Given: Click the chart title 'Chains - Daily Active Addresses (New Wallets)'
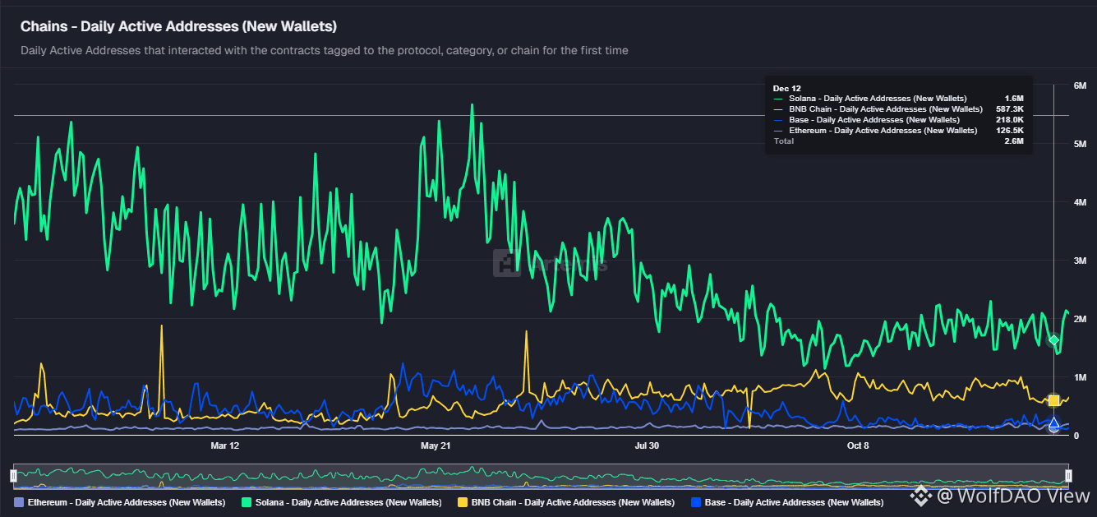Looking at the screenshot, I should [178, 26].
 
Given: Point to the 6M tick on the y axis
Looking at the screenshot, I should [1081, 85].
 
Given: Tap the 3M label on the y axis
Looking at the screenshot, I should [1081, 261].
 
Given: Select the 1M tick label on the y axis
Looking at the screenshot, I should [1081, 376].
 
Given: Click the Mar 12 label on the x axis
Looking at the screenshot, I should [224, 445].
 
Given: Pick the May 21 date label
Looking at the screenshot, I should [436, 445].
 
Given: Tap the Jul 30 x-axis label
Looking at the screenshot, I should [647, 445].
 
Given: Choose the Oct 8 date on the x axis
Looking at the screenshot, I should [858, 445].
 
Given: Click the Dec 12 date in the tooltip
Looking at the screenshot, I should [787, 88].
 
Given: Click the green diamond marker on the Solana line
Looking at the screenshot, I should [1053, 340].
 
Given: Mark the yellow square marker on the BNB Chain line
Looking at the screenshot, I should [1053, 400].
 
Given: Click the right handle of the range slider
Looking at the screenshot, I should [1068, 475].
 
